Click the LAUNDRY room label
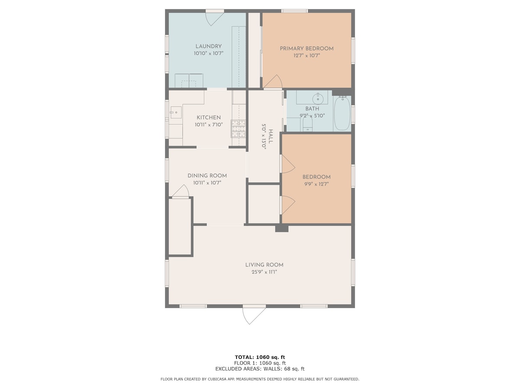[208, 46]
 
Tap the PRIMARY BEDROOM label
[306, 49]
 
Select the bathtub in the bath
[342, 114]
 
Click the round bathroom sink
[318, 99]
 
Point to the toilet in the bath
[308, 124]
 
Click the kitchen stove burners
[238, 129]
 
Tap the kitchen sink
[176, 113]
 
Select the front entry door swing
[254, 316]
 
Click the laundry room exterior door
[214, 19]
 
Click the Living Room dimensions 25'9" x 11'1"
[264, 272]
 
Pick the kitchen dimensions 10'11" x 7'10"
[209, 125]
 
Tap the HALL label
[270, 136]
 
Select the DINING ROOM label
[207, 175]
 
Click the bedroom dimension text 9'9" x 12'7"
[316, 184]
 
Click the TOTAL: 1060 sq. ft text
[260, 357]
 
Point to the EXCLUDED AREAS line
[260, 369]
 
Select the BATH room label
[312, 109]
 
